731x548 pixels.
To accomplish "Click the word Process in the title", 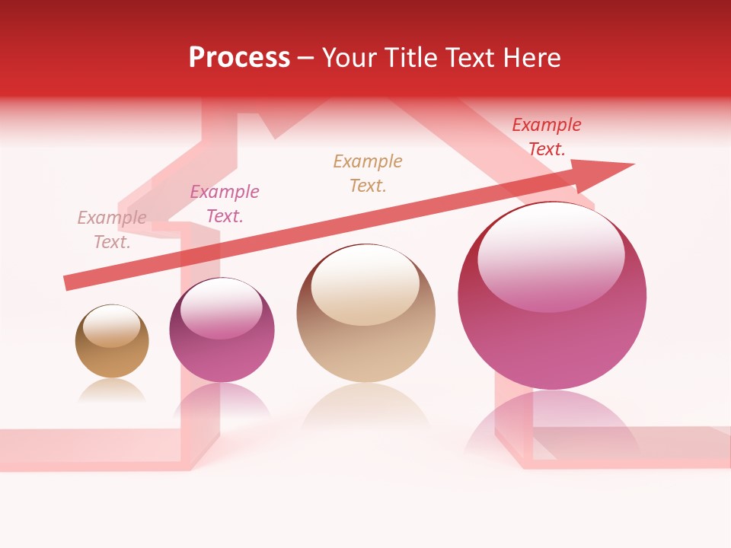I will (239, 58).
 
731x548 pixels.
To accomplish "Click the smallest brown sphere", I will (112, 342).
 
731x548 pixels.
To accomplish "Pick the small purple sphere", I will (222, 330).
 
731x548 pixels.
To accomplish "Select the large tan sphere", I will (365, 314).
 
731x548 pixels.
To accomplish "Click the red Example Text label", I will (547, 137).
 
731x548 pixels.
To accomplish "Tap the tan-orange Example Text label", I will (368, 174).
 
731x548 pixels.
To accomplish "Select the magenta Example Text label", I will (225, 204).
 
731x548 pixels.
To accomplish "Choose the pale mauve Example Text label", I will (112, 230).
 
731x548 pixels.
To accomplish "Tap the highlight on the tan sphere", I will (365, 283).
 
